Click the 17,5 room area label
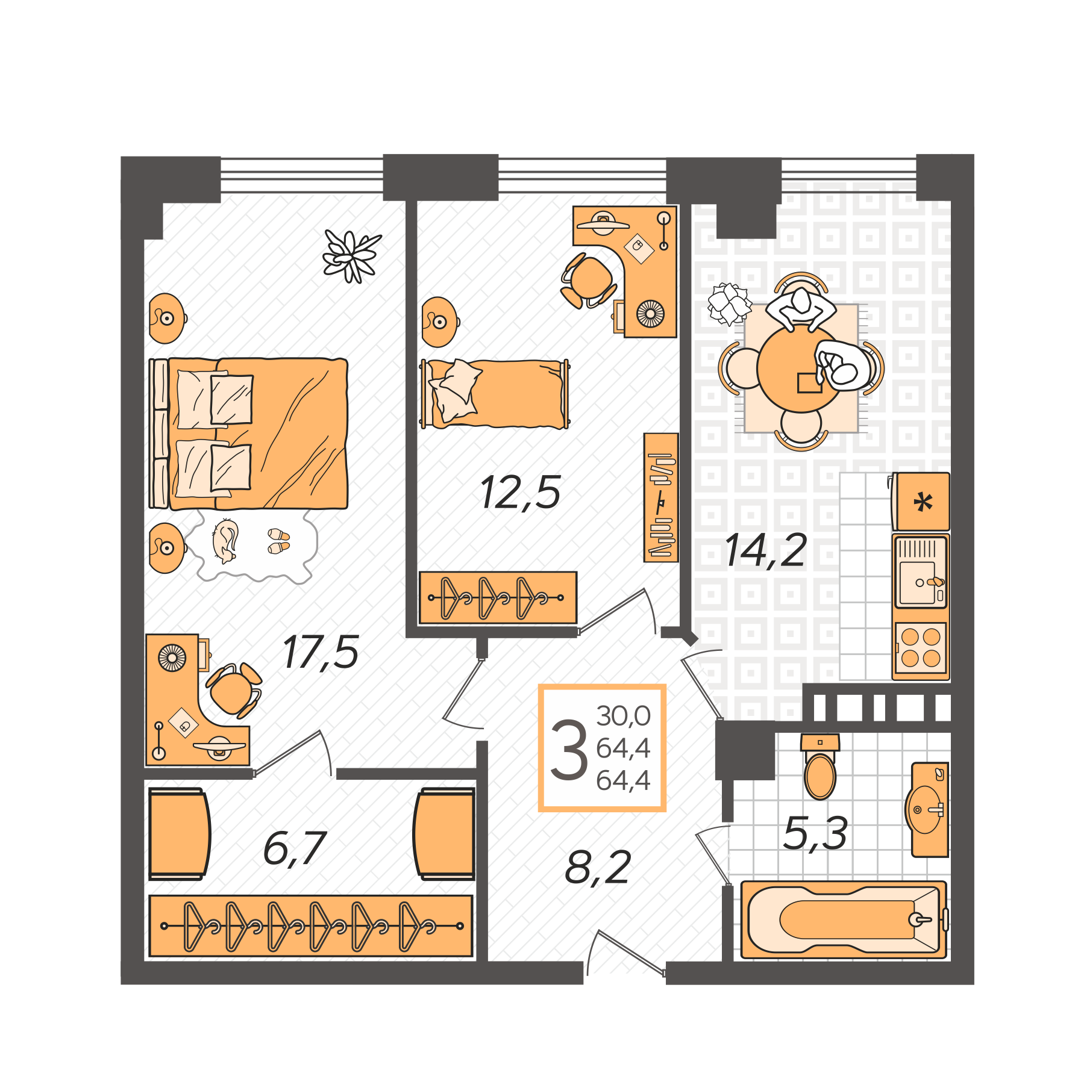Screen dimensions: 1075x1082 coord(321,652)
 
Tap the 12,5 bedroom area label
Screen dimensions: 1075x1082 coord(521,493)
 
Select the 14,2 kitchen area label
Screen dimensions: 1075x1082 coord(765,550)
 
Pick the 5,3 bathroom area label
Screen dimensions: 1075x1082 coord(815,833)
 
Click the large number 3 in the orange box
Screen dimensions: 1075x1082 coord(568,750)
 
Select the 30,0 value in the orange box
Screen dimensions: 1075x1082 coord(623,716)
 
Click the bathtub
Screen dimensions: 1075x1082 coord(844,919)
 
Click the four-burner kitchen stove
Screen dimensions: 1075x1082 coord(920,648)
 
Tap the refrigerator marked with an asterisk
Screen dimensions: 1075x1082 coord(922,502)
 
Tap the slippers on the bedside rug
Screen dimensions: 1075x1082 coord(278,541)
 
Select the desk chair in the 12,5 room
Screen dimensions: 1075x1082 coord(589,280)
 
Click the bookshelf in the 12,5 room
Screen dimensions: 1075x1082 coord(660,497)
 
